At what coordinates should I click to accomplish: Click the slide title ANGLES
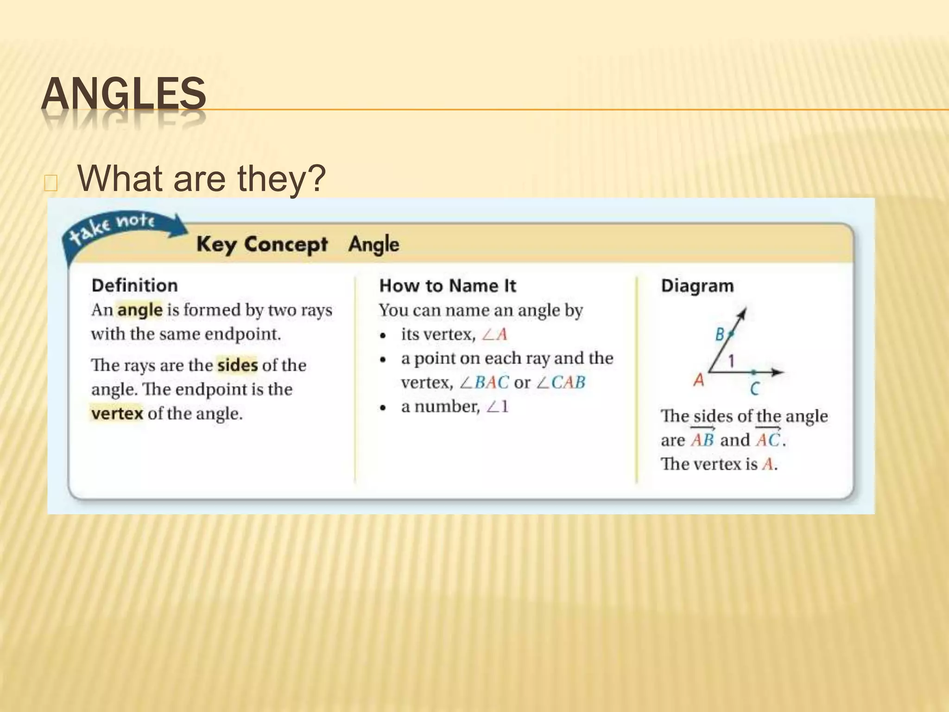click(123, 94)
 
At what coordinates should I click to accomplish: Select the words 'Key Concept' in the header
click(262, 244)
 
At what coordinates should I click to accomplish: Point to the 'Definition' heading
click(134, 286)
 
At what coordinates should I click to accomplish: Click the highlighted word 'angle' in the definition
click(139, 310)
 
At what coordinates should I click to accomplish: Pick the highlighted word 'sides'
click(237, 365)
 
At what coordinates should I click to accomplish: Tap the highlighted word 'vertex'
click(117, 413)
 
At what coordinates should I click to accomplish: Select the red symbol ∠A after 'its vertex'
click(494, 334)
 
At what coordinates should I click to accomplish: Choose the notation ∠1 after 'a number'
click(498, 407)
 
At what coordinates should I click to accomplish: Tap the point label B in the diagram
click(720, 334)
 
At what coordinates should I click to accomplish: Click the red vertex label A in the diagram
click(699, 381)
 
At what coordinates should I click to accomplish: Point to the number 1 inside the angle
click(732, 361)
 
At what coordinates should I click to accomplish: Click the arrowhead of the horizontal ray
click(778, 372)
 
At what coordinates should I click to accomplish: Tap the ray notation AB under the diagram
click(702, 439)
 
